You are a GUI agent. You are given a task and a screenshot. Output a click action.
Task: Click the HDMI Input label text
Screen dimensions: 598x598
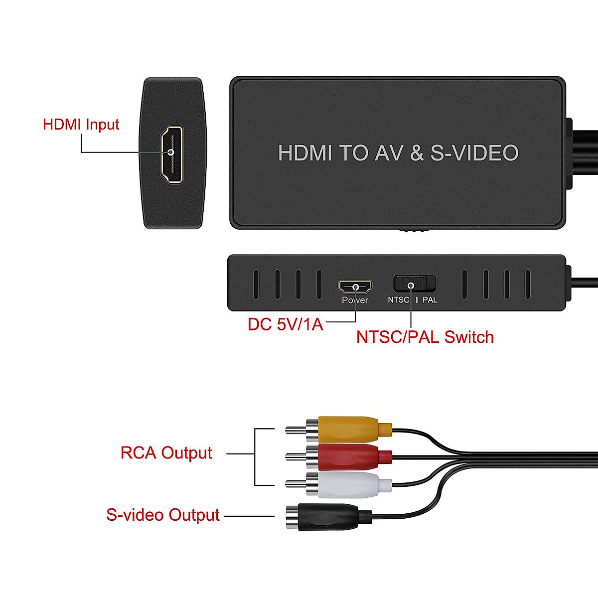pyautogui.click(x=81, y=124)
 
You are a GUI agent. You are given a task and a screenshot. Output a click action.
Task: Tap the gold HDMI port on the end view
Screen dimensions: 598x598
pyautogui.click(x=171, y=153)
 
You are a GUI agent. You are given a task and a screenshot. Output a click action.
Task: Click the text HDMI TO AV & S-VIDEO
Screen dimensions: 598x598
pyautogui.click(x=398, y=153)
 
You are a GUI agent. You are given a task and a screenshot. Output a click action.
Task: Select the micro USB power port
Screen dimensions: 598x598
pyautogui.click(x=355, y=287)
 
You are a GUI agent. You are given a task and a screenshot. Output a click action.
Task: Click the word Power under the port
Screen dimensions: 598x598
pyautogui.click(x=355, y=300)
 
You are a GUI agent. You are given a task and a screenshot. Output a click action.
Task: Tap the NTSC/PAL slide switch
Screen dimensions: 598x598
pyautogui.click(x=414, y=284)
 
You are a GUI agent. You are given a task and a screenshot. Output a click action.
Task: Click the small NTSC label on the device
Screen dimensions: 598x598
pyautogui.click(x=398, y=300)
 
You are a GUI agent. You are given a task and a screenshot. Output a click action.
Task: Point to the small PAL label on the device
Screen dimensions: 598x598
pyautogui.click(x=430, y=300)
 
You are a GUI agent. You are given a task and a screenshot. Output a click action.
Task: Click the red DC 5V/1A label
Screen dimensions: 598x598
pyautogui.click(x=285, y=324)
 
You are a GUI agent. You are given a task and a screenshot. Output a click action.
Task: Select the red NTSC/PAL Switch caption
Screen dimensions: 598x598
pyautogui.click(x=425, y=337)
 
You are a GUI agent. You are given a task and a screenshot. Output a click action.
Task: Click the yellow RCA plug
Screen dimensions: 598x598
pyautogui.click(x=349, y=429)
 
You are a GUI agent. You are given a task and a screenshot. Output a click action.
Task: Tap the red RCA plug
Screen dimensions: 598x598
pyautogui.click(x=349, y=456)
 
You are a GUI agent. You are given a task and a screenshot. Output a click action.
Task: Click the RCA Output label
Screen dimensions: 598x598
pyautogui.click(x=166, y=453)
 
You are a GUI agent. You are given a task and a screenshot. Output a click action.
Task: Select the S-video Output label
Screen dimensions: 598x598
pyautogui.click(x=162, y=515)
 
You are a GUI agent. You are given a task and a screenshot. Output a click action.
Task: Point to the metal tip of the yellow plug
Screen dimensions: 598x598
pyautogui.click(x=294, y=430)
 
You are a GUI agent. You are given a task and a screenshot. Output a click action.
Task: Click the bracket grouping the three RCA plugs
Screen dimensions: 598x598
pyautogui.click(x=255, y=456)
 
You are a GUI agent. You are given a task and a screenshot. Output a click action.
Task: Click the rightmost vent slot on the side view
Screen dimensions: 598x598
pyautogui.click(x=528, y=285)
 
